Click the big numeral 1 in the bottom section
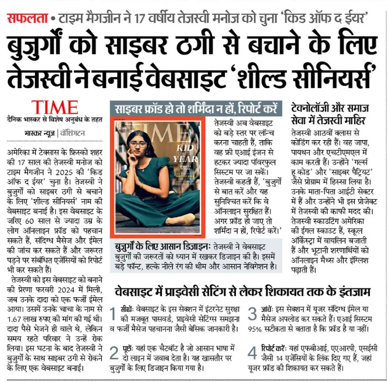(113, 316)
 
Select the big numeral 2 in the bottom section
(113, 352)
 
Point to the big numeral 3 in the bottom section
(252, 315)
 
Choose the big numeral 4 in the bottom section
(252, 352)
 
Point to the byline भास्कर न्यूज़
(40, 133)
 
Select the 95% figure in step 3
(257, 329)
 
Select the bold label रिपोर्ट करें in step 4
(279, 346)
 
